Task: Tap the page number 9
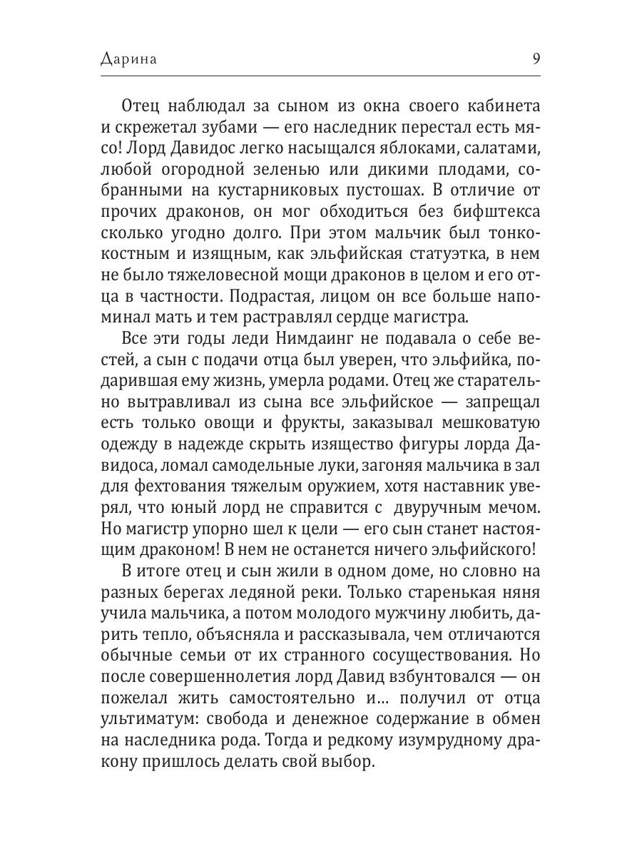click(536, 58)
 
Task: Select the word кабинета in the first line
click(499, 106)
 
